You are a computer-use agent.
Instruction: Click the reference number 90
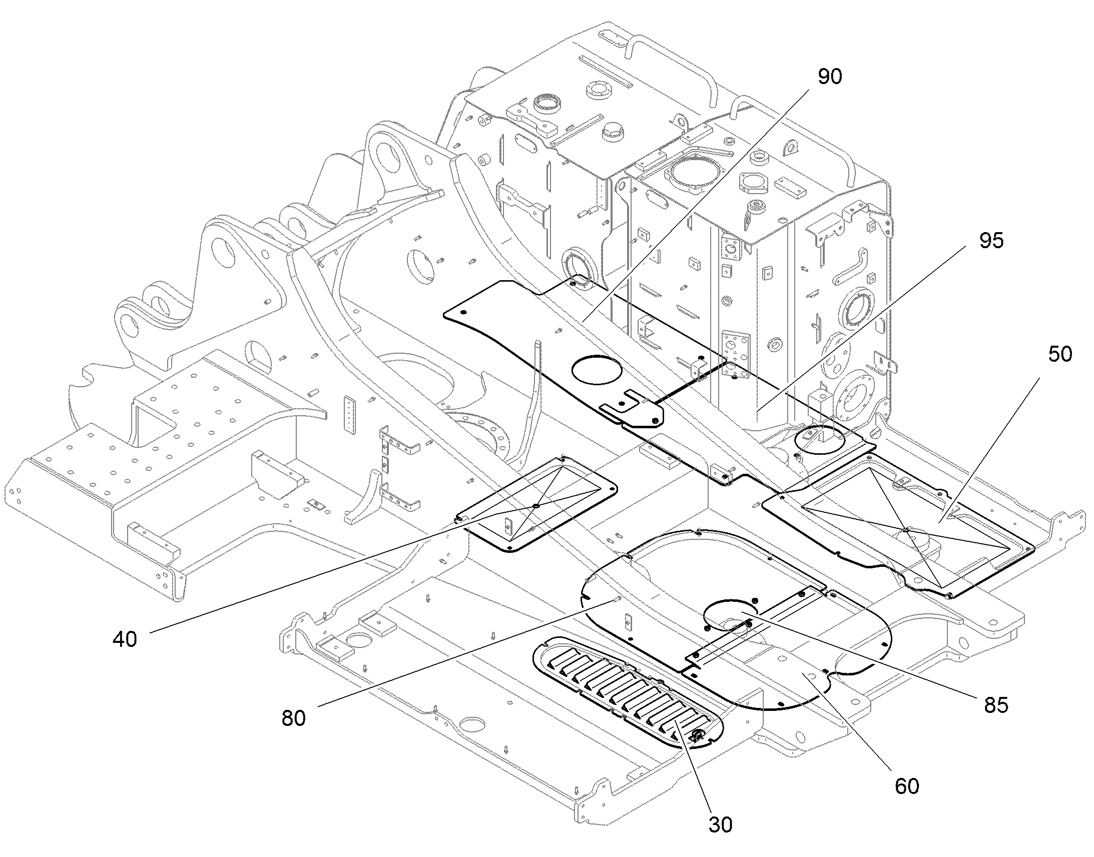830,76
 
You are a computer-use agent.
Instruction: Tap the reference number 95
991,241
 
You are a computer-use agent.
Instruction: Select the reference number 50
1060,354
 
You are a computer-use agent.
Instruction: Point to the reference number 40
125,639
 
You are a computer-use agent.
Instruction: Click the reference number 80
294,718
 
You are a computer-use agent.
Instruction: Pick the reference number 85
996,705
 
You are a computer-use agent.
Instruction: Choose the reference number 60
907,786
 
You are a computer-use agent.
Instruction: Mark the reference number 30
720,824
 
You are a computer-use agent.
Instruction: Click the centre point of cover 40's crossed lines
536,506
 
